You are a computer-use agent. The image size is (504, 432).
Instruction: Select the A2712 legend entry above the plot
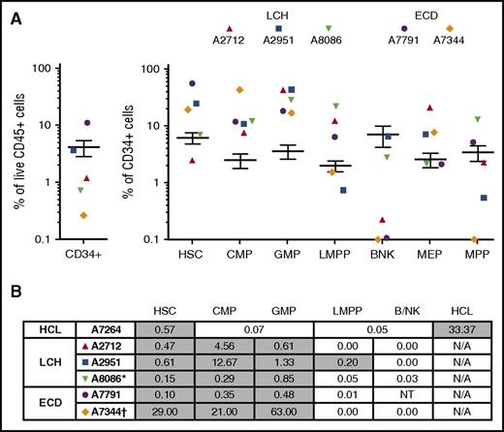click(229, 40)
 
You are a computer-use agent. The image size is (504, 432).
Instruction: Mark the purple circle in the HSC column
click(192, 84)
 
